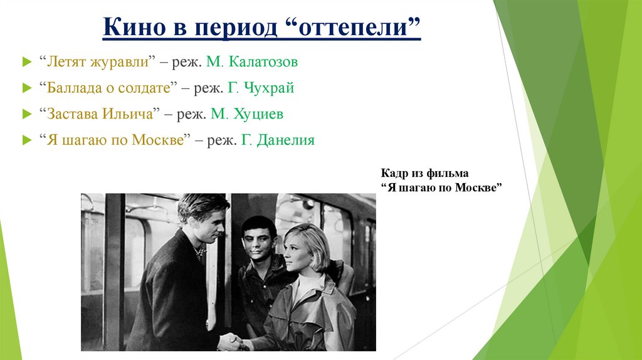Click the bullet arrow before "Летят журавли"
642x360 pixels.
point(25,63)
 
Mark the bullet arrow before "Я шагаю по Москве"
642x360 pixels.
point(25,140)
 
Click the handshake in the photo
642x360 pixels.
point(231,342)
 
